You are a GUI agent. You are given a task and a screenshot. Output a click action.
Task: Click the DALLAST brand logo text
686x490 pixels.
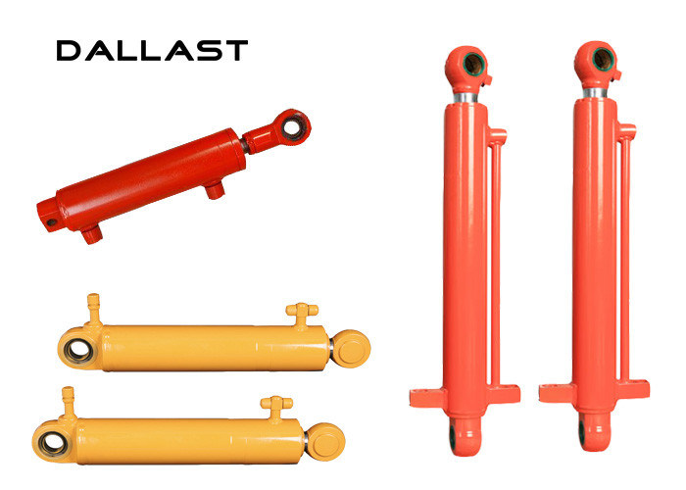pyautogui.click(x=152, y=50)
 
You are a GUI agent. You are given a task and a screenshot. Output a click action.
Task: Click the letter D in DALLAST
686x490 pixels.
pyautogui.click(x=69, y=50)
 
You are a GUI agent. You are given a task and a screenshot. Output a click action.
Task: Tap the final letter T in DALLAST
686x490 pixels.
pyautogui.click(x=236, y=50)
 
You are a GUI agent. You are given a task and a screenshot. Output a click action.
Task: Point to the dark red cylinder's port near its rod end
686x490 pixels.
pyautogui.click(x=215, y=190)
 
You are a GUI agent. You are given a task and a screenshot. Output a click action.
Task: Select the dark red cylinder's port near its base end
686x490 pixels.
pyautogui.click(x=92, y=234)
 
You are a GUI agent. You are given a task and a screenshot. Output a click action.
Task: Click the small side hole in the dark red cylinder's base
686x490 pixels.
pyautogui.click(x=52, y=222)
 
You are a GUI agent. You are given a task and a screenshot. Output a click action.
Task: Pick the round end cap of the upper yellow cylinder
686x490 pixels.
pyautogui.click(x=351, y=349)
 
